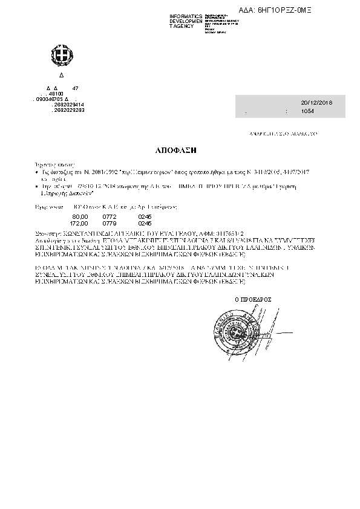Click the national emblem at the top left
60,57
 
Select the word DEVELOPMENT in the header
186,21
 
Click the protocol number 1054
307,112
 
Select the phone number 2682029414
68,105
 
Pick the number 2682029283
68,110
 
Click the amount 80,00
80,216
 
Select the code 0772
109,216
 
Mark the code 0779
109,222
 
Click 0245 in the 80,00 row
145,216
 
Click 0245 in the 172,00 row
145,222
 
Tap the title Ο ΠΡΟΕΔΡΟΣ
252,299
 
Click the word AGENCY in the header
182,26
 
